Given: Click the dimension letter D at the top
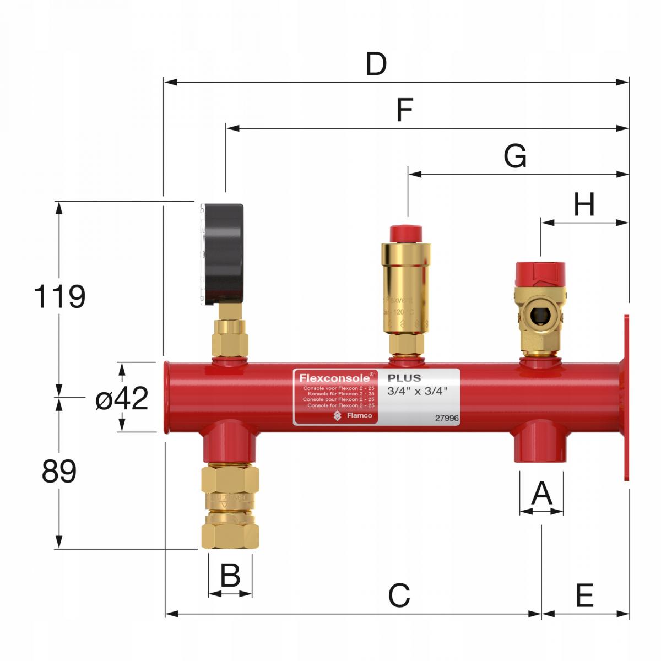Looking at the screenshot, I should point(376,65).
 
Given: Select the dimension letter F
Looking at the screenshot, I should point(405,111).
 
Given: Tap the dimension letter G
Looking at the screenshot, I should point(515,156).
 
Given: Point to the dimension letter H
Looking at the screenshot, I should point(584,205).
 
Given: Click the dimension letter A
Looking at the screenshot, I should point(541,493).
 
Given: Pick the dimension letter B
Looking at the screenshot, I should point(230,576).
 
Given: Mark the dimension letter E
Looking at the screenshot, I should point(584,595).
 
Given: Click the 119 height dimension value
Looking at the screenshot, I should point(59,297).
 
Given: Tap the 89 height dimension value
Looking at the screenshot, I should point(59,472).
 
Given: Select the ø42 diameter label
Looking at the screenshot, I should point(122,398).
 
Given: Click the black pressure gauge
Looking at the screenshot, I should point(223,253).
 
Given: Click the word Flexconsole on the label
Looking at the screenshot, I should point(335,378).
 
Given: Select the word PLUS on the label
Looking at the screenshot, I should point(404,378).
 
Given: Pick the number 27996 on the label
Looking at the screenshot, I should point(447,418).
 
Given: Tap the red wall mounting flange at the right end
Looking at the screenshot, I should point(626,397).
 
